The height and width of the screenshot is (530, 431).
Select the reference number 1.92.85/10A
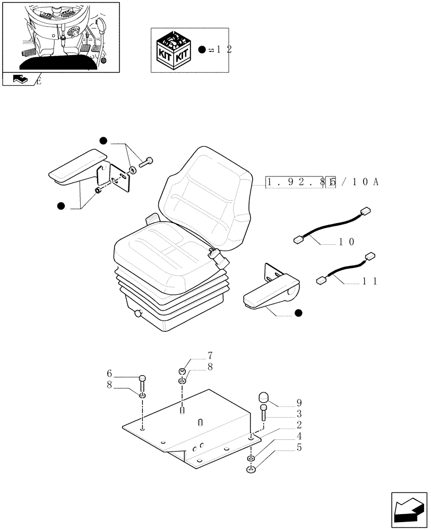[x=322, y=182]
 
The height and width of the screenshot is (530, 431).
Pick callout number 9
[x=299, y=402]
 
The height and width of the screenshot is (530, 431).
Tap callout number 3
[x=299, y=413]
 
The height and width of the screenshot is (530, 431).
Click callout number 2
[x=299, y=425]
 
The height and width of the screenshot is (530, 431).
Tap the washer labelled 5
[x=251, y=469]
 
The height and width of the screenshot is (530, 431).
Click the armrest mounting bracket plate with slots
[x=122, y=177]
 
